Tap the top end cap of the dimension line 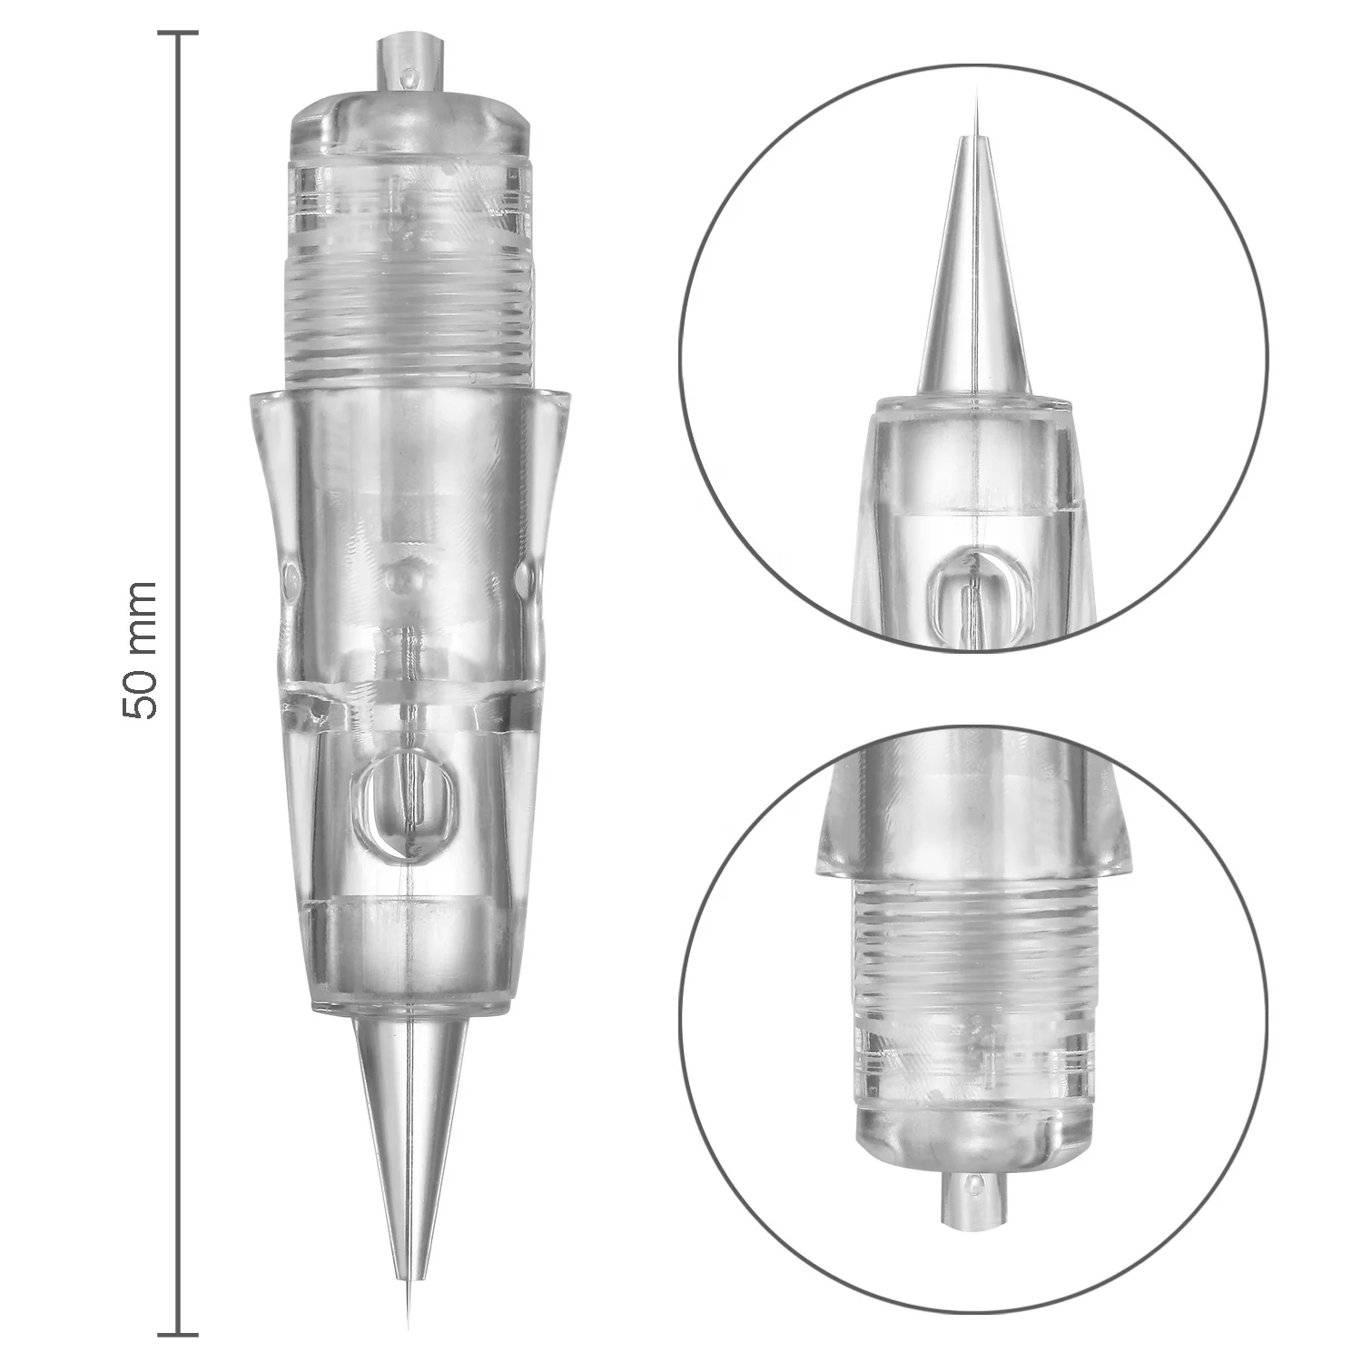pos(178,34)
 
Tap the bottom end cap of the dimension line pos(178,1334)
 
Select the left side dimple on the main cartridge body pos(290,576)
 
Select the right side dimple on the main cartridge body pos(526,576)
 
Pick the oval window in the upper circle pos(973,599)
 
